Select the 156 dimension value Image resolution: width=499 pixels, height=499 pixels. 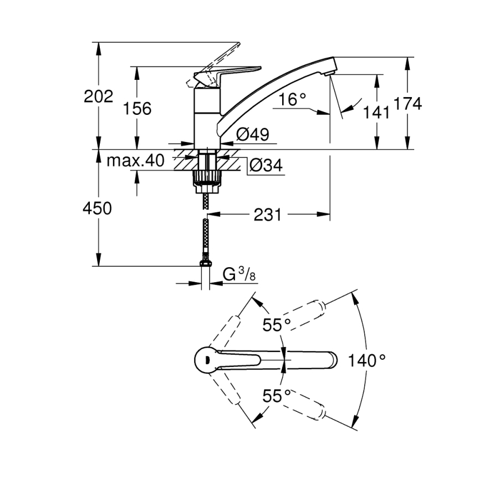(136, 109)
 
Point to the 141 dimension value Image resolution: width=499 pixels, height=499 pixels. (377, 112)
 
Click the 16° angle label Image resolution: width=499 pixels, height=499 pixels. (293, 99)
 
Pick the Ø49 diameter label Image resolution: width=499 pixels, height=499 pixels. (252, 134)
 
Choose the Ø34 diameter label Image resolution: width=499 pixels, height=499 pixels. (266, 165)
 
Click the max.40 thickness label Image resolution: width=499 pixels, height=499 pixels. (136, 161)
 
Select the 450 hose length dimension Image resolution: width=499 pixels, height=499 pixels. (97, 208)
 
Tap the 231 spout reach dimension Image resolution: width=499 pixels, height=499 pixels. (268, 215)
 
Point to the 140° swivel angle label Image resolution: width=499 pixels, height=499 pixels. (366, 360)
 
